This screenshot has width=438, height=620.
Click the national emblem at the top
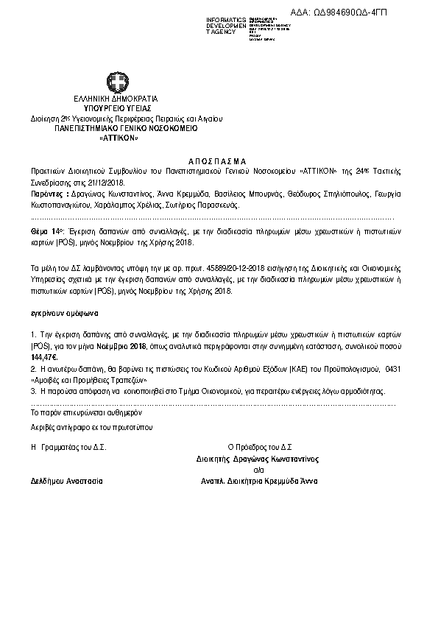click(118, 82)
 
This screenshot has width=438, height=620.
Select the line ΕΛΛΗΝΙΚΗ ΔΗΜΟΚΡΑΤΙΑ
click(116, 98)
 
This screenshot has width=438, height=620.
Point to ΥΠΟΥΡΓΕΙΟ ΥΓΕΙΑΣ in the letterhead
click(117, 108)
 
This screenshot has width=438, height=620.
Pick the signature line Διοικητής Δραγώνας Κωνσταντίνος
click(258, 458)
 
